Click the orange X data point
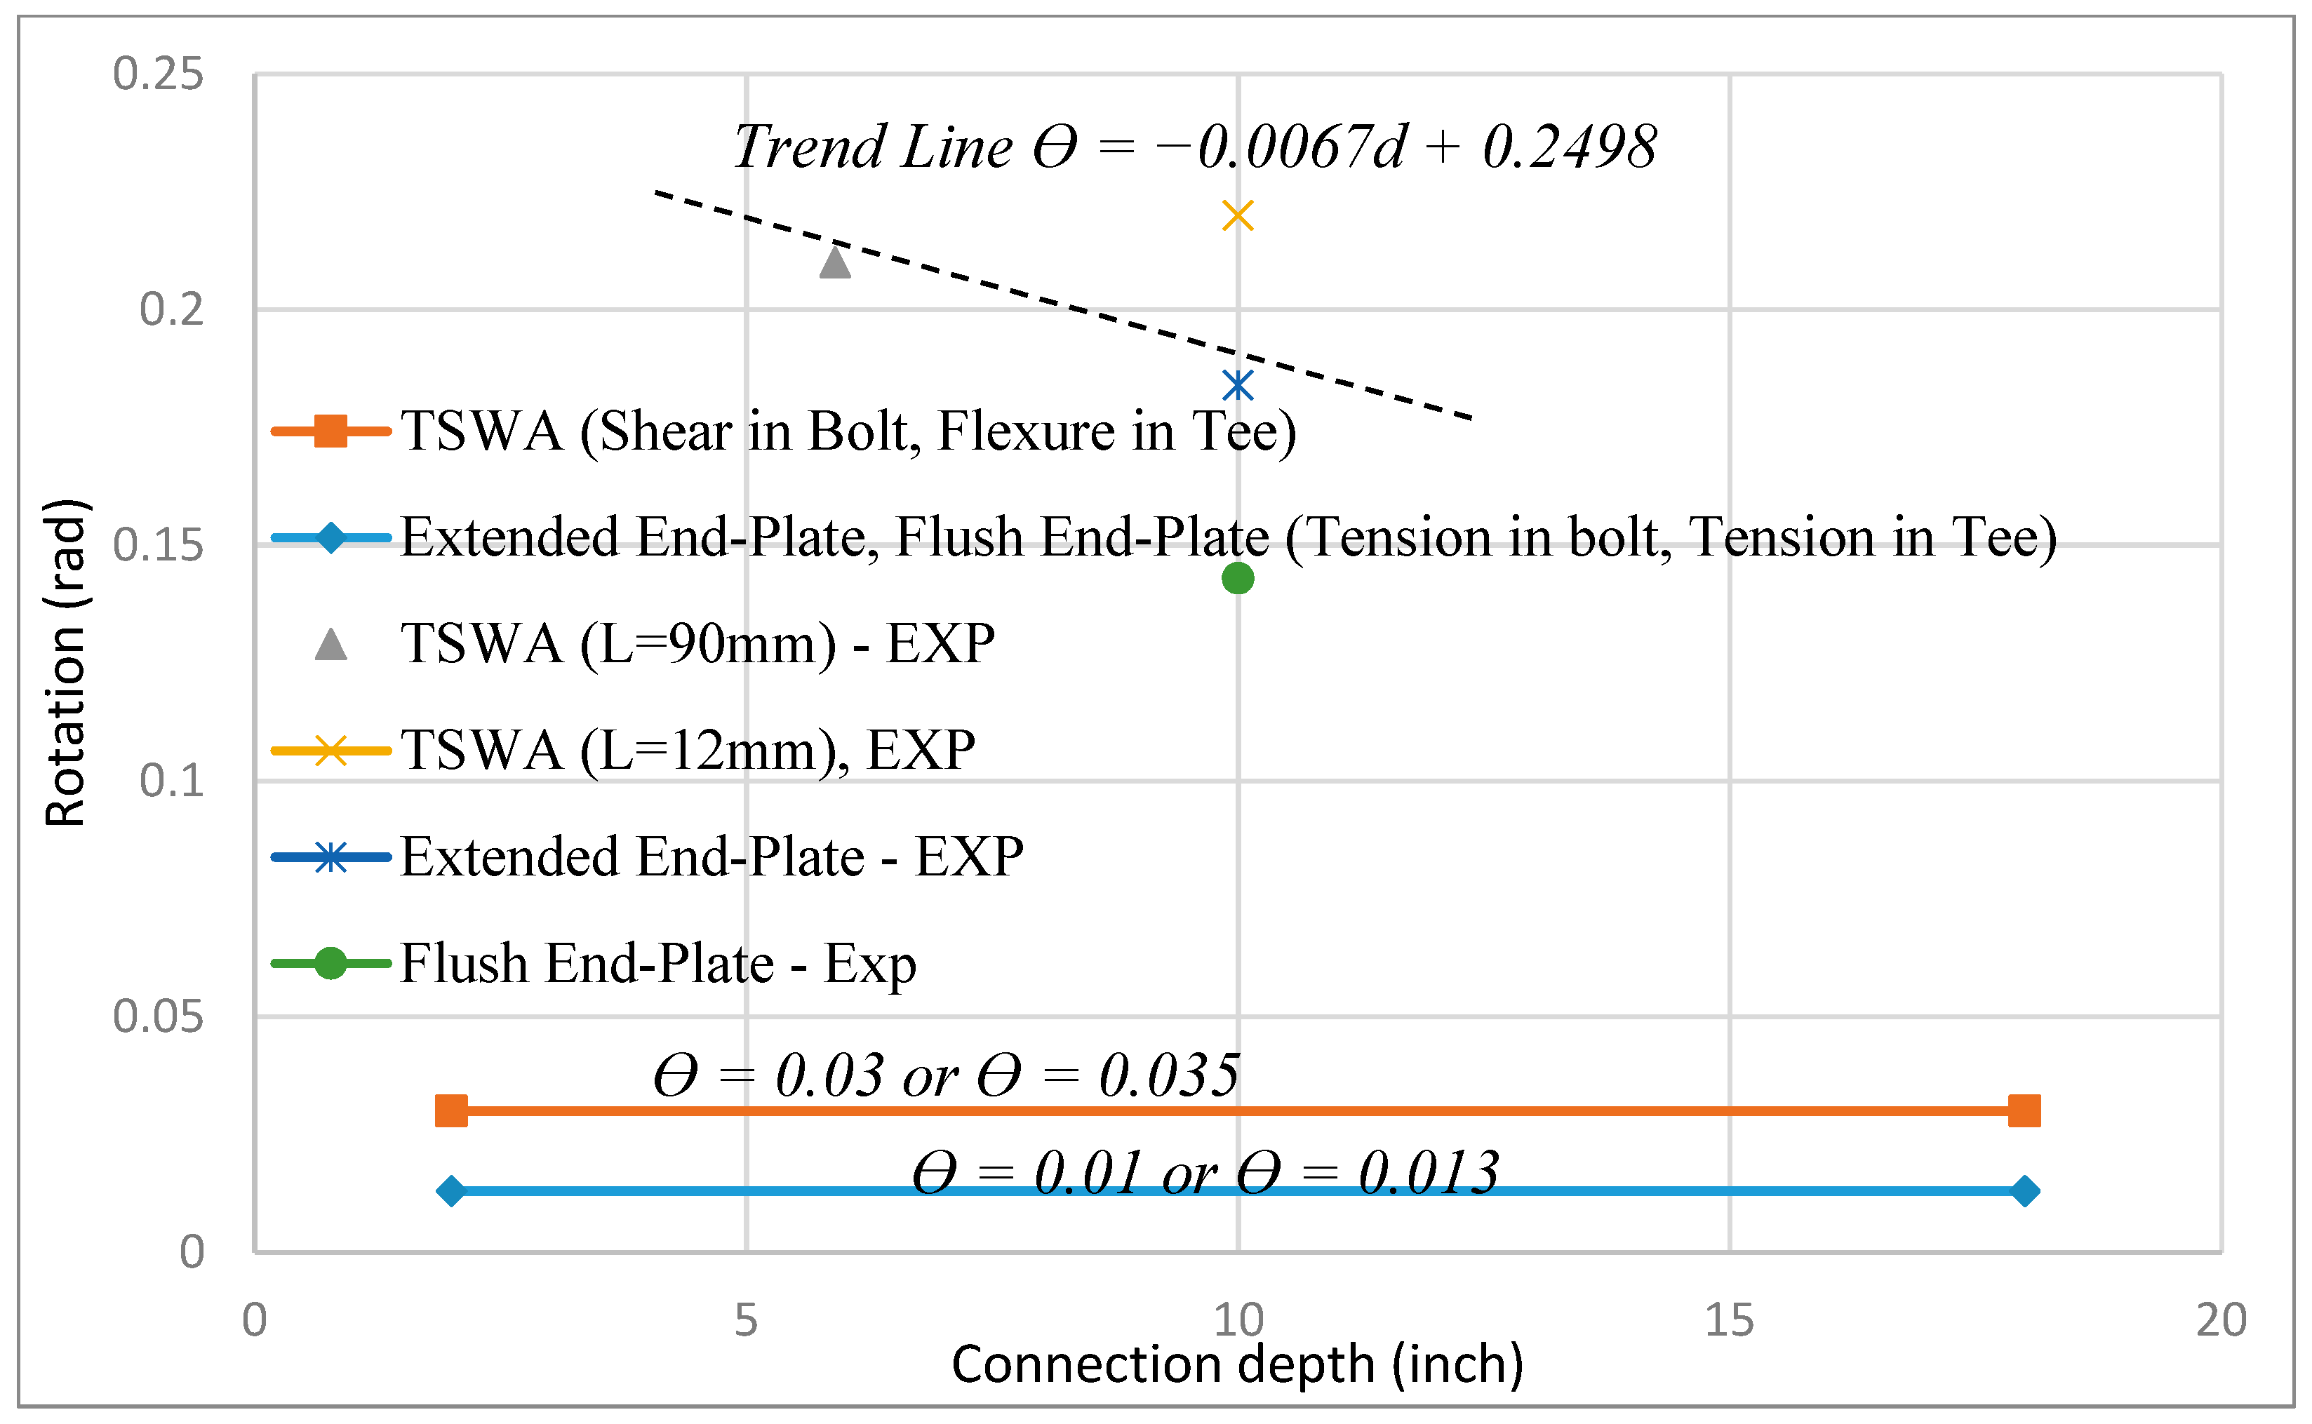(1238, 215)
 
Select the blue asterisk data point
(1238, 385)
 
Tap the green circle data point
(1238, 578)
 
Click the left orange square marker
(451, 1111)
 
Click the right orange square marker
(2024, 1111)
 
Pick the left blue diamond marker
(451, 1191)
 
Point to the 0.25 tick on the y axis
(157, 74)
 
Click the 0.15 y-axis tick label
(157, 545)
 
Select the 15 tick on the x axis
(1729, 1320)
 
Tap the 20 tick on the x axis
(2221, 1320)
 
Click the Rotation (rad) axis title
(66, 663)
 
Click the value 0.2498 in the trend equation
(1569, 148)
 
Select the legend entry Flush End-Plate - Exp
(657, 963)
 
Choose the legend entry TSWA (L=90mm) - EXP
(697, 644)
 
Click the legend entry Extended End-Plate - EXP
(711, 857)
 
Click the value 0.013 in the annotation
(1428, 1174)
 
